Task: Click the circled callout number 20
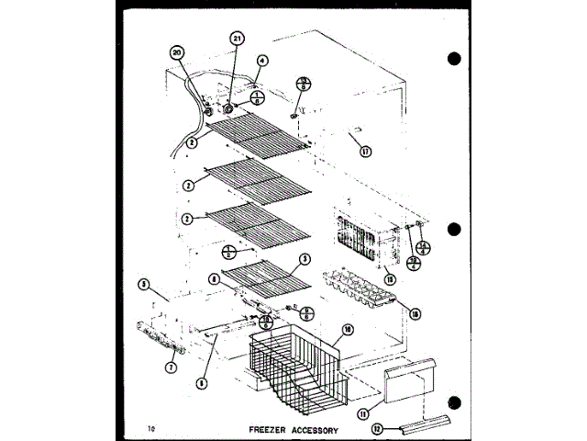click(177, 53)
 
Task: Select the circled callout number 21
click(238, 40)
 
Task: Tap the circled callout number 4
click(262, 62)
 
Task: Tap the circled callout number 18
click(415, 314)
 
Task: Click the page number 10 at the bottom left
click(150, 428)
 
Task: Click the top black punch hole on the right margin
click(454, 59)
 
